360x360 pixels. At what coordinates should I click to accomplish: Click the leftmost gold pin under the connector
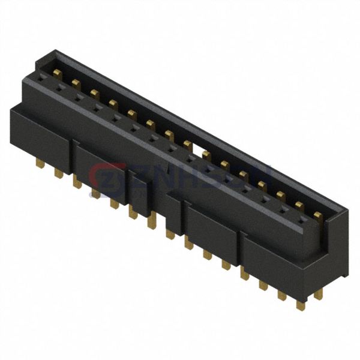[40, 163]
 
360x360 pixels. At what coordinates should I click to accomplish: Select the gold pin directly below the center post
[171, 233]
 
